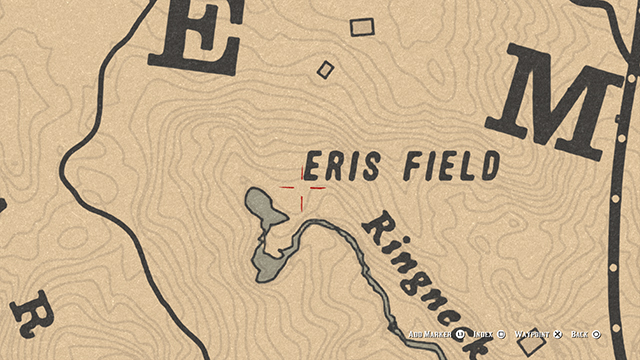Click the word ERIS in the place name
(342, 166)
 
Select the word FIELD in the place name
(450, 166)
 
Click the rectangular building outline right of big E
(361, 27)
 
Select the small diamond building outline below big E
(325, 70)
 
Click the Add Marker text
(430, 334)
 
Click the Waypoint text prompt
(533, 334)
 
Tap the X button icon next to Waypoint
(558, 334)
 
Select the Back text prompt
(580, 334)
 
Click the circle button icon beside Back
(596, 334)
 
